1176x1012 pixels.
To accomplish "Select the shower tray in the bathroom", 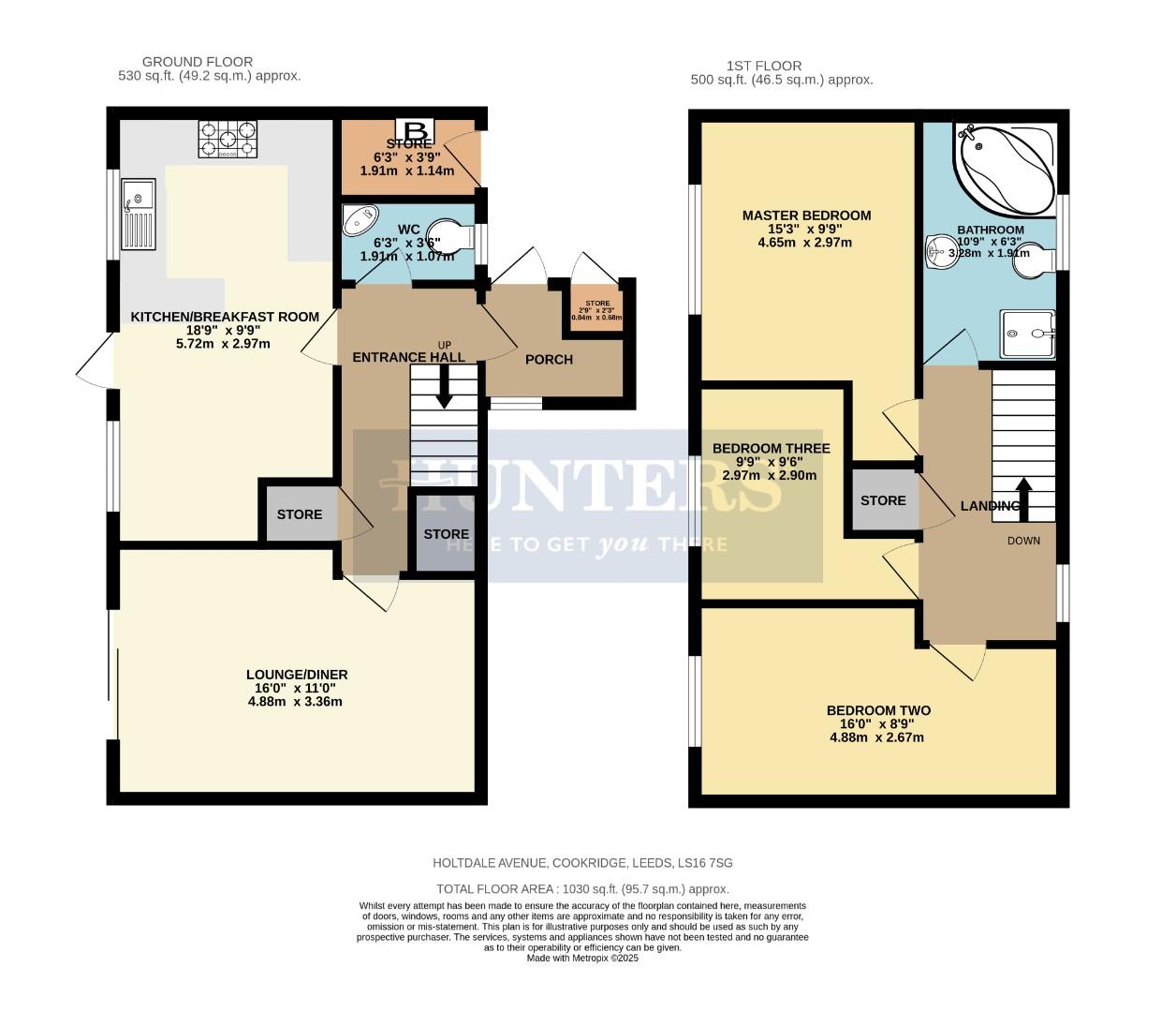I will point(1029,334).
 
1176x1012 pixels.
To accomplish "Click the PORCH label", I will point(549,360).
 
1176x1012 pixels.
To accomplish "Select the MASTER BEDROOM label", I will point(806,216).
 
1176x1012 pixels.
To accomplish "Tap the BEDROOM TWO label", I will point(877,710).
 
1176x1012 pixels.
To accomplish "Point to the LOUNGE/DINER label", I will point(297,675).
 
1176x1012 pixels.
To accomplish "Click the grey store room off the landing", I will point(882,500).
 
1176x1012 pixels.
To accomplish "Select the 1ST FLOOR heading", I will point(764,66).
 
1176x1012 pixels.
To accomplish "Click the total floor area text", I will point(582,889).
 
